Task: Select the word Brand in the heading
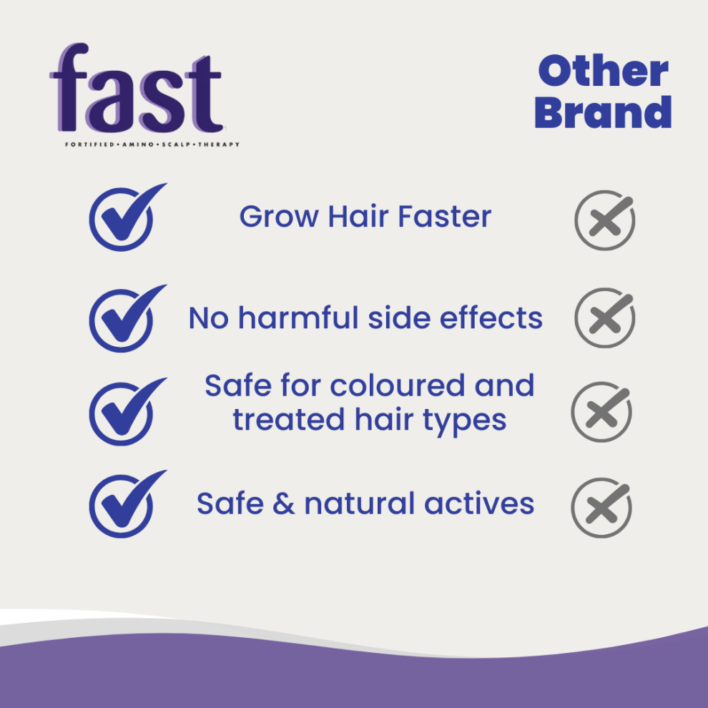604,112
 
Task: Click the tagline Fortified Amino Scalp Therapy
152,144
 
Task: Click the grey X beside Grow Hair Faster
604,220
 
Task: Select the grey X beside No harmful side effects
604,318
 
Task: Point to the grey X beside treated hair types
601,412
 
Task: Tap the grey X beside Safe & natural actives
601,508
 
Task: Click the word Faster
444,216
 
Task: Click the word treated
289,420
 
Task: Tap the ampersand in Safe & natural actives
284,503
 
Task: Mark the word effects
491,318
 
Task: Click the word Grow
279,216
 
